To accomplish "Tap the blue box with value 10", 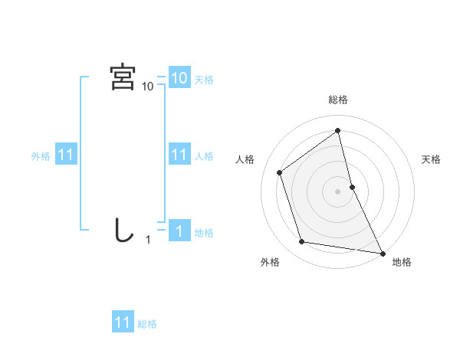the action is (179, 77).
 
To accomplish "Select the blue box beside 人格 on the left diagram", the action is (179, 155).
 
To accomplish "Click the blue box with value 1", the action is (179, 231).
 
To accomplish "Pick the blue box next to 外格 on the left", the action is (65, 155).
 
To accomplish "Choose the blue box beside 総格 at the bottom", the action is (123, 322).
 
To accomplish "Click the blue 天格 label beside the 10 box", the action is (204, 79).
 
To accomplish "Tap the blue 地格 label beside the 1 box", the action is (204, 232).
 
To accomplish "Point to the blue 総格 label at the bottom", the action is (147, 324).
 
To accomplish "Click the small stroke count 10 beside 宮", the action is (147, 87).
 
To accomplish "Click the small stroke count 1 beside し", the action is (148, 240).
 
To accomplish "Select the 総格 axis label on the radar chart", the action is (338, 100).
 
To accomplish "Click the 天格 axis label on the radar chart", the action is (432, 159).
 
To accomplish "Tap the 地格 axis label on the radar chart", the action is (402, 263).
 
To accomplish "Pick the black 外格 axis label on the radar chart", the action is (270, 263).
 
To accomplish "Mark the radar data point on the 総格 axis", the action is (338, 130).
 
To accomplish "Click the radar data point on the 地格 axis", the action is (382, 253).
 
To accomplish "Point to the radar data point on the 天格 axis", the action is (352, 187).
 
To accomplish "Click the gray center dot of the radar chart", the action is (338, 191).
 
